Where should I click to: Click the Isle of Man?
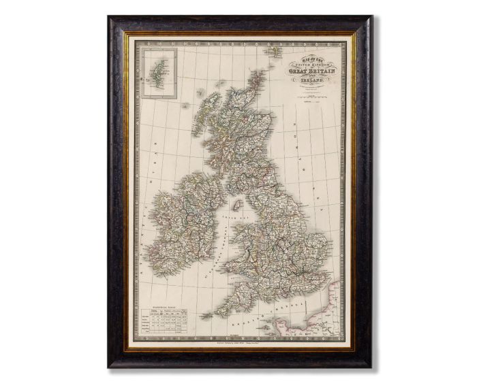coord(238,205)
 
